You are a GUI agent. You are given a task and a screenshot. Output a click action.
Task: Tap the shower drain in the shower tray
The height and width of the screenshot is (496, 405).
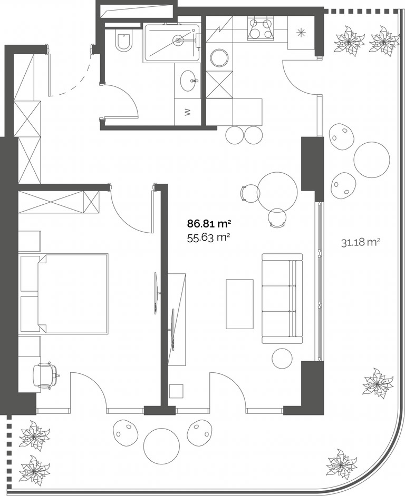178,40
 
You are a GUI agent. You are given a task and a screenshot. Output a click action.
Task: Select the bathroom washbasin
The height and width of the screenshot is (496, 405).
188,81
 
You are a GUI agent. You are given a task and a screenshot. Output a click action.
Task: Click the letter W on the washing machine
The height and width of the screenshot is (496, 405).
188,112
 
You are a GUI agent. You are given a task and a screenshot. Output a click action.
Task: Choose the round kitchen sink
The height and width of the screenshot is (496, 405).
219,58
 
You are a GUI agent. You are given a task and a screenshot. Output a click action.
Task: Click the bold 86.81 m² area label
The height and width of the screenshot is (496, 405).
208,224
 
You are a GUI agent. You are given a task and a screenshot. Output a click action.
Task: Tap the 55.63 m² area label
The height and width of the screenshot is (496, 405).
208,237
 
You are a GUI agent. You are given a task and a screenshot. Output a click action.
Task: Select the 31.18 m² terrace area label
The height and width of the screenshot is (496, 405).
361,242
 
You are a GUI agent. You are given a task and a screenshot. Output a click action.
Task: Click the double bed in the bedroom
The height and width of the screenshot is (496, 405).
73,293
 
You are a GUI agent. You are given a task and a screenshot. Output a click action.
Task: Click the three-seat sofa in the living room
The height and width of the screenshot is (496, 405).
282,299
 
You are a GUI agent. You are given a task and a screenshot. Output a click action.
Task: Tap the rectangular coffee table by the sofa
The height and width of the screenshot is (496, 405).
239,304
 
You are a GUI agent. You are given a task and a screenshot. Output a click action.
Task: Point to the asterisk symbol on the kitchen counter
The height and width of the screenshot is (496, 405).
300,32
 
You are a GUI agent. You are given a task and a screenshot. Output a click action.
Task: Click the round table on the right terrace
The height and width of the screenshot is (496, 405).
372,160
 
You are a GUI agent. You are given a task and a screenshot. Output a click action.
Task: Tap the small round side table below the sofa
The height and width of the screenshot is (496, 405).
282,358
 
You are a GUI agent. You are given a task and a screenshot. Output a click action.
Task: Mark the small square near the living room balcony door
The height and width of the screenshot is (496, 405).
176,391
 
